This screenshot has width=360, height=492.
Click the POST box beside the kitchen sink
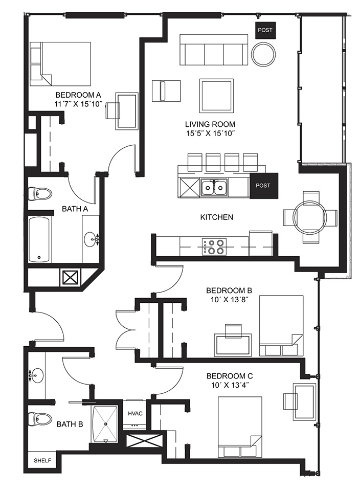pyautogui.click(x=264, y=186)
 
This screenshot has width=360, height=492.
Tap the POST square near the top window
pyautogui.click(x=265, y=31)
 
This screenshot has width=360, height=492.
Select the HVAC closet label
pyautogui.click(x=135, y=413)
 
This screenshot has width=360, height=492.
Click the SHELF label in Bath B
pyautogui.click(x=42, y=461)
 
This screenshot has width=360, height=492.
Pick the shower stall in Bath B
pyautogui.click(x=105, y=424)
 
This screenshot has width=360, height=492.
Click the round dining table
pyautogui.click(x=310, y=217)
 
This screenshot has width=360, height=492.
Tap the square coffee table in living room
pyautogui.click(x=217, y=96)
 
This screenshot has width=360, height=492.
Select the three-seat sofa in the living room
pyautogui.click(x=214, y=50)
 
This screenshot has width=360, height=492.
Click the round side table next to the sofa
pyautogui.click(x=264, y=54)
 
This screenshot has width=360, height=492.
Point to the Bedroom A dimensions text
pyautogui.click(x=79, y=104)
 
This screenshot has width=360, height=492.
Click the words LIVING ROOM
pyautogui.click(x=210, y=124)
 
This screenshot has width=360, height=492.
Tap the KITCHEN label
pyautogui.click(x=217, y=217)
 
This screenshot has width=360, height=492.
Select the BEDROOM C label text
pyautogui.click(x=230, y=376)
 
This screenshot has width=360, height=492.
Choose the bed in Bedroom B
pyautogui.click(x=282, y=326)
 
